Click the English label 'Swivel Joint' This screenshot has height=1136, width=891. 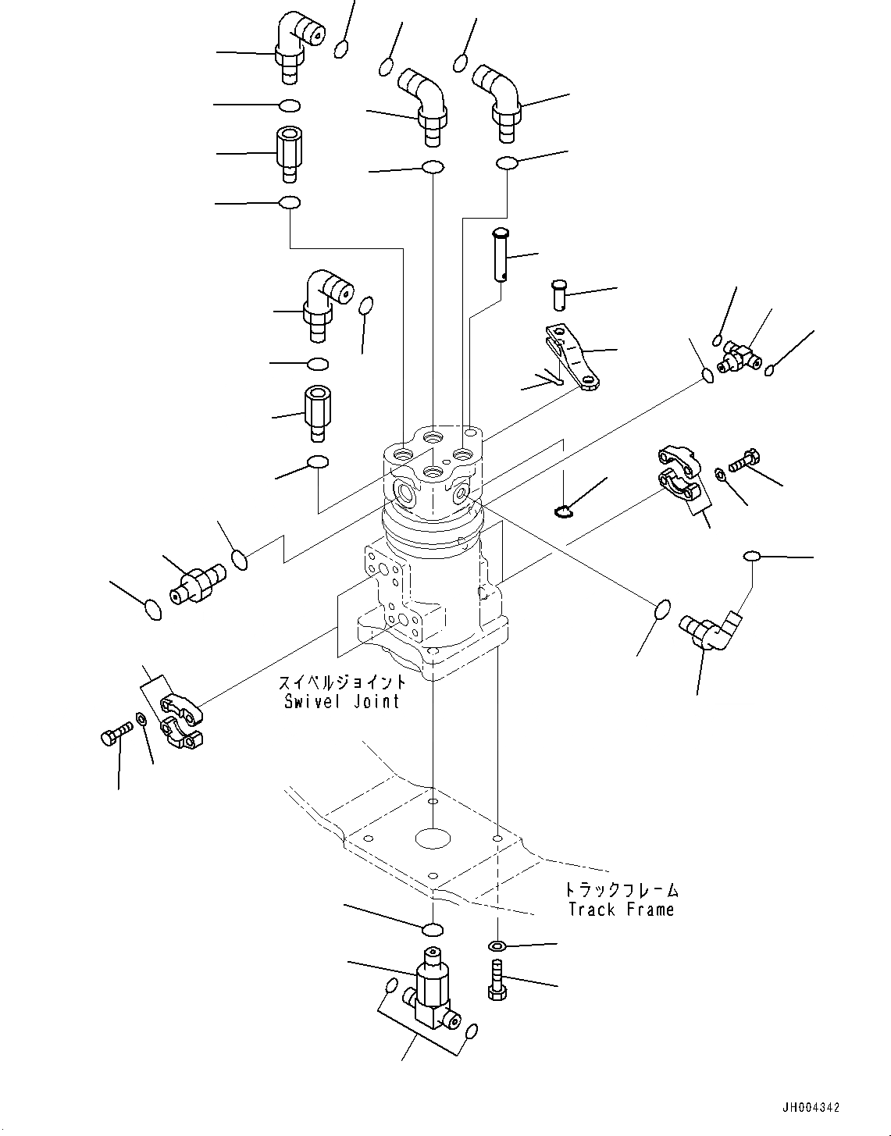pos(342,701)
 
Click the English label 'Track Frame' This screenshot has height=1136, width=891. pos(621,910)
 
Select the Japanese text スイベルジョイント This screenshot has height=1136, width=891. pos(342,682)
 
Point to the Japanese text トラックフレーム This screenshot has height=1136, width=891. pos(622,889)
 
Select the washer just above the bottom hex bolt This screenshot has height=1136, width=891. pos(497,946)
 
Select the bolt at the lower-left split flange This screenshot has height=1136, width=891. pos(115,736)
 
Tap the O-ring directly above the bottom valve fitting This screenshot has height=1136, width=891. pos(432,928)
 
